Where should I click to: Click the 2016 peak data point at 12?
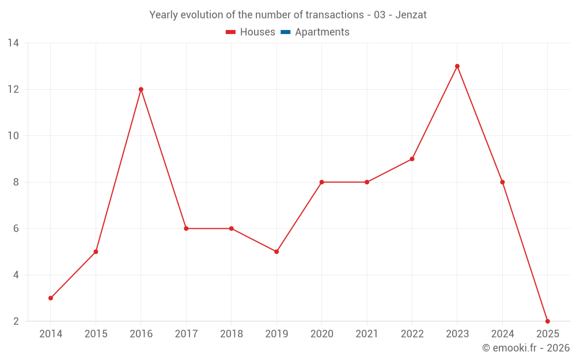tap(141, 89)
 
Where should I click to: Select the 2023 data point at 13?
tap(457, 66)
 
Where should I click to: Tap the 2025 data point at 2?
tap(547, 321)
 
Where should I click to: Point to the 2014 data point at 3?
tap(51, 298)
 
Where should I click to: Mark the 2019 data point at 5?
tap(276, 252)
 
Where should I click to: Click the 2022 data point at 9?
tap(412, 159)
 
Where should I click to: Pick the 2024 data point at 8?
tap(502, 182)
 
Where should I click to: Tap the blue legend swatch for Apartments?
tap(285, 32)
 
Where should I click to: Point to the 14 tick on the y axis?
tap(13, 43)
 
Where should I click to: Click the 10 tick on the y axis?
tap(13, 136)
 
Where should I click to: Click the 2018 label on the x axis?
tap(231, 334)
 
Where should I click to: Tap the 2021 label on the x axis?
tap(366, 334)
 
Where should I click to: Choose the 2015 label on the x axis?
tap(96, 334)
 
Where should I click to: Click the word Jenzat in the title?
tap(411, 15)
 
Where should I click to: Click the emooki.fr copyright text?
tap(526, 348)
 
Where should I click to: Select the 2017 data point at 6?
tap(186, 229)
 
